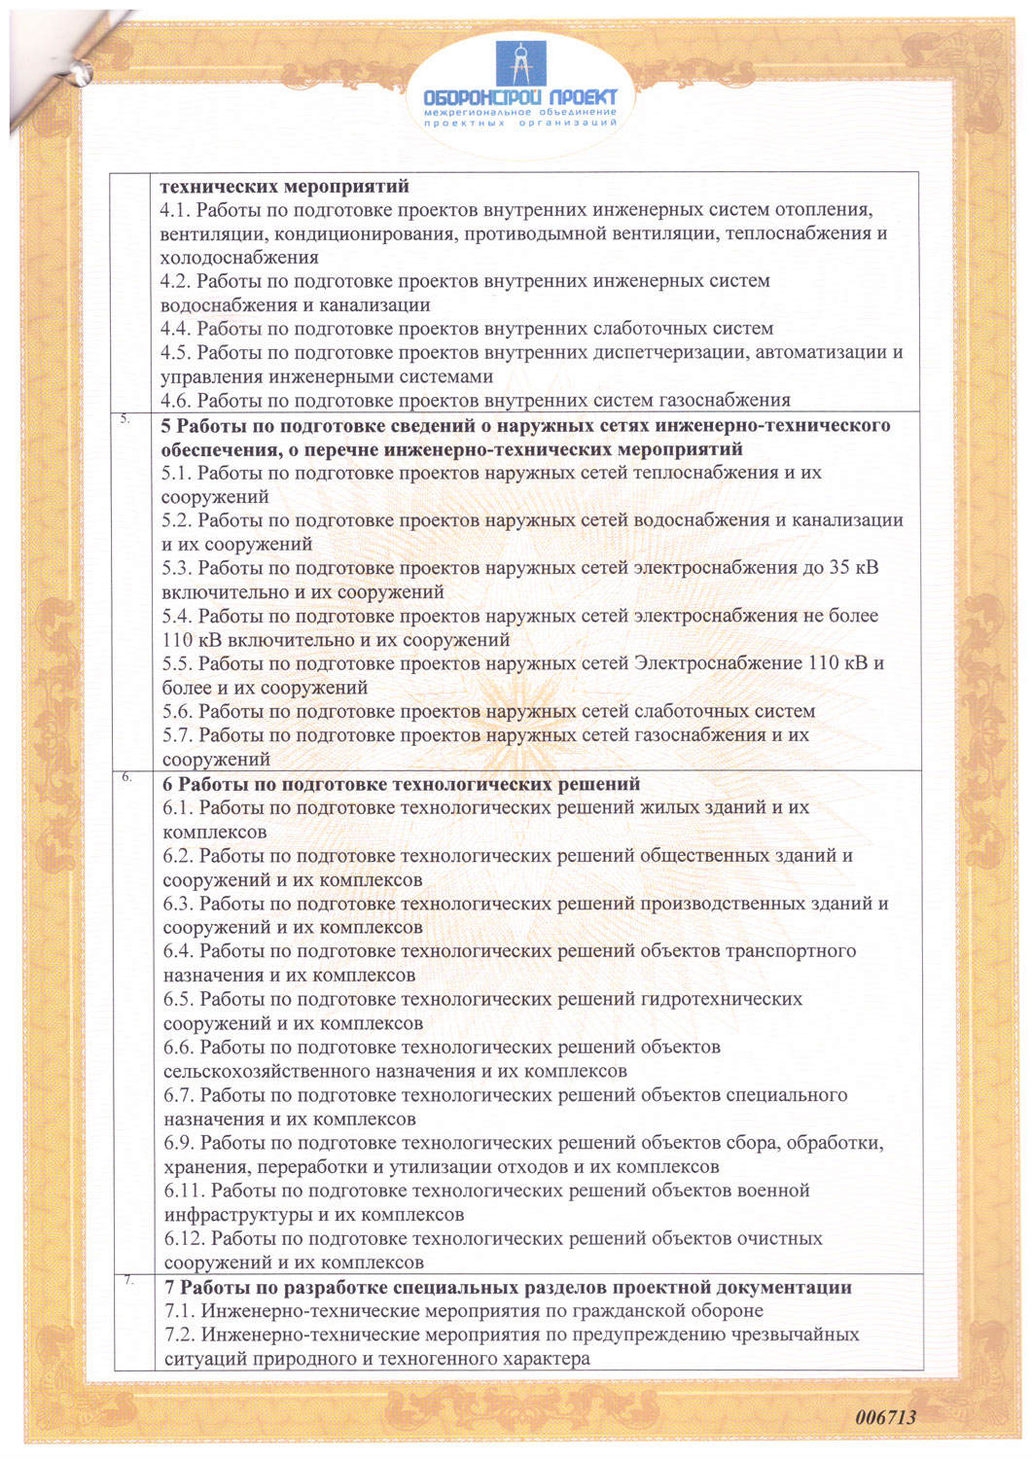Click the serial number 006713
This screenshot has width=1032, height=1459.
(886, 1417)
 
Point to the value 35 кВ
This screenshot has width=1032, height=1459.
(854, 568)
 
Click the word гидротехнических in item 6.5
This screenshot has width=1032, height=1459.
(722, 999)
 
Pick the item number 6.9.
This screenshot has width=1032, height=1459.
(179, 1143)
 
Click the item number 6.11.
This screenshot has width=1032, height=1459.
(184, 1191)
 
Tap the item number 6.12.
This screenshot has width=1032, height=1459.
(184, 1239)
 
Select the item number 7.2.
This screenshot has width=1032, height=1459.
(180, 1334)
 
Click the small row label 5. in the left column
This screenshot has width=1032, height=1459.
(125, 419)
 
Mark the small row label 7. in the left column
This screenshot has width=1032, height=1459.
(128, 1281)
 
